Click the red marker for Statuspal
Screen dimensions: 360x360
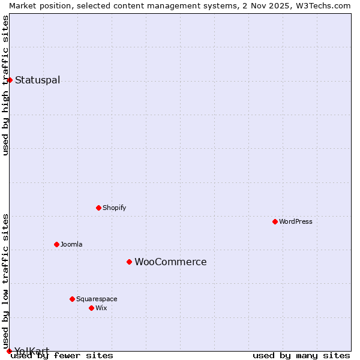[x=10, y=80]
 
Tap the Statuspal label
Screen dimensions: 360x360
[x=37, y=80]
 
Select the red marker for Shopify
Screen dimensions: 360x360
[x=98, y=208]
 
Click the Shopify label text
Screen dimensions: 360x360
[x=114, y=208]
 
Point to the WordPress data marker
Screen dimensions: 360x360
[x=275, y=221]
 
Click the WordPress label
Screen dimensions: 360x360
[x=295, y=222]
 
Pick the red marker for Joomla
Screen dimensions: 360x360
[x=56, y=244]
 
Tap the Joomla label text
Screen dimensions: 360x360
[x=71, y=245]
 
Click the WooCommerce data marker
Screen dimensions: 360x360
[x=129, y=262]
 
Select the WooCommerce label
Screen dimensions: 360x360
[x=170, y=262]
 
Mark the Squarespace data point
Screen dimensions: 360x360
[x=72, y=299]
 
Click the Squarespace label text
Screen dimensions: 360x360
[x=97, y=299]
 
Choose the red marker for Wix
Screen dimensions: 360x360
[x=91, y=308]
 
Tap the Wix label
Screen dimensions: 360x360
[x=101, y=308]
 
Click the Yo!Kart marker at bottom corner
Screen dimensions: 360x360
[x=9, y=351]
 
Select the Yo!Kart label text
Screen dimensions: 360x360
[x=31, y=351]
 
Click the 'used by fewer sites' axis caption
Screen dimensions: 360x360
[x=62, y=356]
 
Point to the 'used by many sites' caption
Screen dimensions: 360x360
[x=301, y=356]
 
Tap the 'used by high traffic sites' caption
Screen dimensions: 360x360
[x=5, y=85]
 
